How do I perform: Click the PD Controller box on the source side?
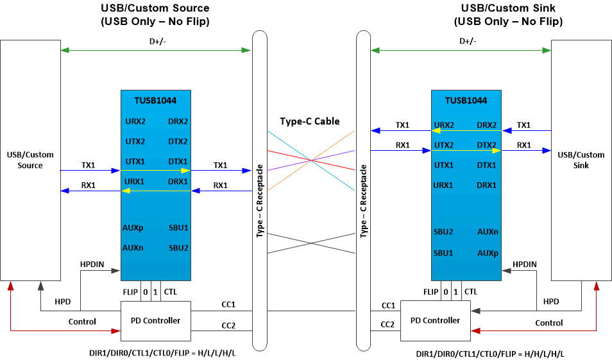[x=156, y=320]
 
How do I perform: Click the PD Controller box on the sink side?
[x=435, y=320]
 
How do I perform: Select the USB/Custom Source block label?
[x=30, y=160]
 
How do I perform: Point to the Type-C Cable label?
[x=310, y=121]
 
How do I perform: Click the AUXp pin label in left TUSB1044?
[x=133, y=228]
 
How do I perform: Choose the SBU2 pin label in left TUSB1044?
[x=178, y=248]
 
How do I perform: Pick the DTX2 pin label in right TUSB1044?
[x=487, y=145]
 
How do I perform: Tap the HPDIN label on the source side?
[x=92, y=264]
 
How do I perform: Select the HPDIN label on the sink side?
[x=524, y=264]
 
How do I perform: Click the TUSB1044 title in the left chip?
[x=155, y=101]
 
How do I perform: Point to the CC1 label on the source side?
[x=228, y=305]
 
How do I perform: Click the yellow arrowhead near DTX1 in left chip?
[x=185, y=171]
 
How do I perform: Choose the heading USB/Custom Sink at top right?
[x=508, y=8]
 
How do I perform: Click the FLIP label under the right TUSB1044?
[x=431, y=292]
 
